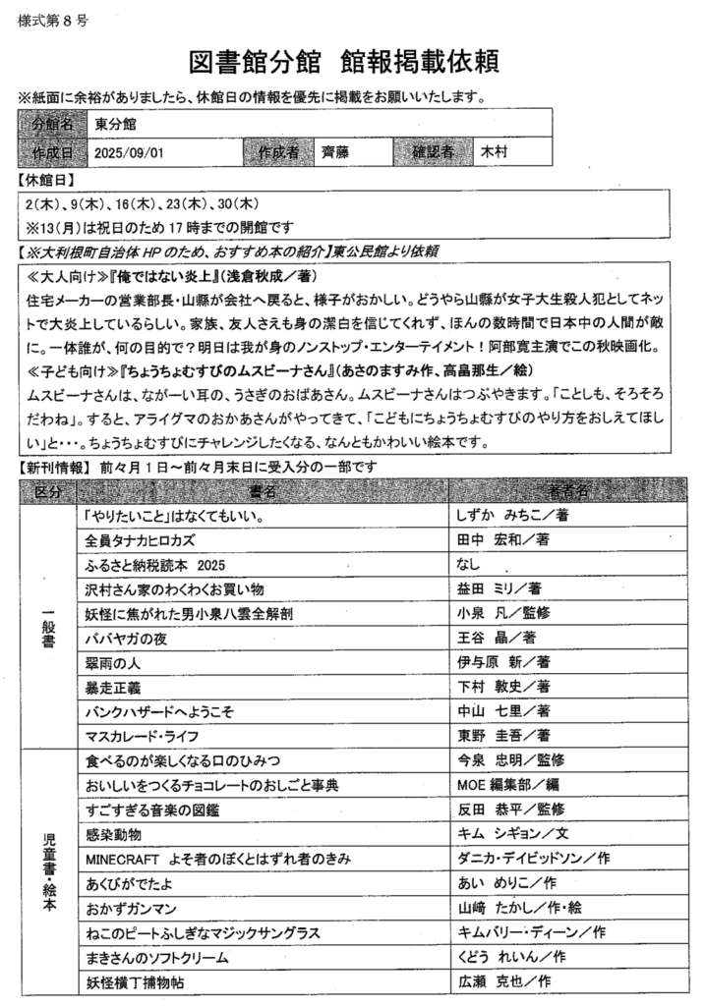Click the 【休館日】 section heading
(x=47, y=181)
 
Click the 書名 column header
(x=263, y=490)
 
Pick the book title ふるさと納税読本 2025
(x=156, y=565)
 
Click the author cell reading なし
(x=468, y=565)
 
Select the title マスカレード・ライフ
(x=146, y=735)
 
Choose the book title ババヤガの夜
(x=127, y=638)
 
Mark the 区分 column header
(x=47, y=490)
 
